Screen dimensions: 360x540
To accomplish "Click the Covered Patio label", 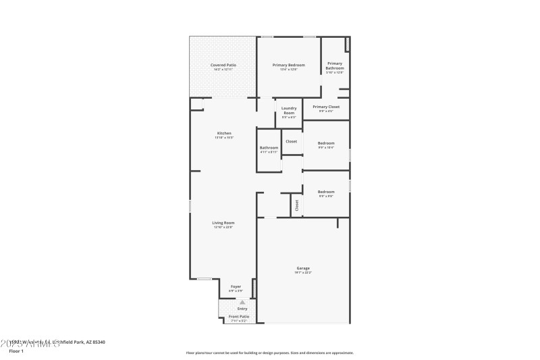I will point(222,65).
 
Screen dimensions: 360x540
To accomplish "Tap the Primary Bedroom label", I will point(288,65).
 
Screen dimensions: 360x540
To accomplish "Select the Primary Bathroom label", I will point(335,66).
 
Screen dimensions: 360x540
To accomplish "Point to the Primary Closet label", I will point(326,107).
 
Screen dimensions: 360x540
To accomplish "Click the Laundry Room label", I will point(288,112).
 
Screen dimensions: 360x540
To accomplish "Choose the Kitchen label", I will point(224,133).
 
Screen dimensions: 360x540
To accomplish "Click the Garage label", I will point(303,268).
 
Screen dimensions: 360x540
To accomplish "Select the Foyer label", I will point(236,286).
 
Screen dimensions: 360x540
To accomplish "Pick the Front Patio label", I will point(238,316).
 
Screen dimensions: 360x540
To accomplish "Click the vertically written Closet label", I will point(296,205).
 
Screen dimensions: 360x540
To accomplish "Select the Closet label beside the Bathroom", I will point(291,141).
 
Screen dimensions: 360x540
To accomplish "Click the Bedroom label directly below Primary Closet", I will point(326,143).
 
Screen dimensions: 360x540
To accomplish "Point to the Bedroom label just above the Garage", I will point(326,191).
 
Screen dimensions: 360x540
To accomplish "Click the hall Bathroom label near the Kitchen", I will point(269,147).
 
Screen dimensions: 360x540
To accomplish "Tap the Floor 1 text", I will point(16,351).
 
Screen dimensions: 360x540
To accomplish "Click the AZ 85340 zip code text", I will point(94,342).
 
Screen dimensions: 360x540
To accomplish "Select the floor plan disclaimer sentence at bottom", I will point(269,353).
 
